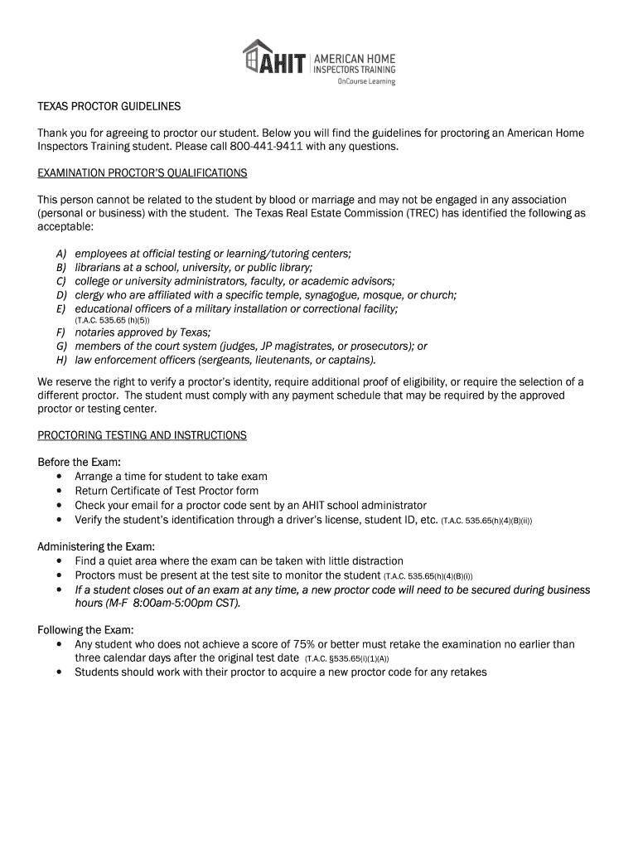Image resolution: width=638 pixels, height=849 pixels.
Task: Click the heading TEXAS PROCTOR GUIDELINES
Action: point(109,108)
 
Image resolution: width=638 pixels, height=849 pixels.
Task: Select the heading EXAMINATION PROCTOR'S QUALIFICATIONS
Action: point(143,173)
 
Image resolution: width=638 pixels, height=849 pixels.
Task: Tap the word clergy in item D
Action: point(90,294)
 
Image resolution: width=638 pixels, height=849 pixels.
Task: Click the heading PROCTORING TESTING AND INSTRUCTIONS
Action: point(143,435)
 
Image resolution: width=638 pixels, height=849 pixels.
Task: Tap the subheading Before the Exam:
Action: point(80,462)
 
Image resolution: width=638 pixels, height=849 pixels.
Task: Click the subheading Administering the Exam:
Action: point(96,547)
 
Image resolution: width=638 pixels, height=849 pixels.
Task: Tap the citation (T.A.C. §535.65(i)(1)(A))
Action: point(347,659)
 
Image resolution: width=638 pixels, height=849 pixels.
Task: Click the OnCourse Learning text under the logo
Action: point(365,81)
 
